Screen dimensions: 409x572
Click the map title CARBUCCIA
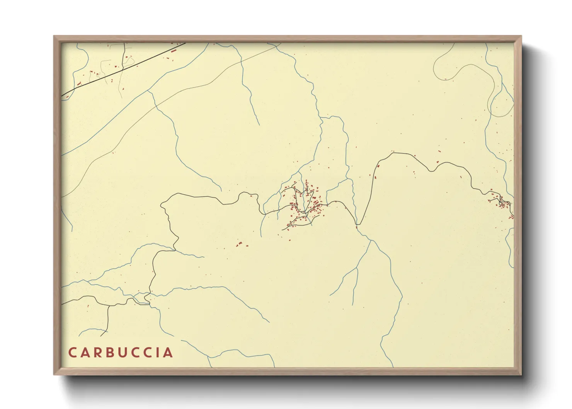coord(121,353)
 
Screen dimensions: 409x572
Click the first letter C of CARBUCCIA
coord(72,353)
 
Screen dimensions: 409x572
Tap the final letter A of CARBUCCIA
coord(169,353)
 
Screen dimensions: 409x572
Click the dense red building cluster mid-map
coord(305,205)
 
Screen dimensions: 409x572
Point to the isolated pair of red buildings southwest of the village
coord(239,244)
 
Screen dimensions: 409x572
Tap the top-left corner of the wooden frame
coord(54,36)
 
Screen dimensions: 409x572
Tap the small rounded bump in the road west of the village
coord(244,194)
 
